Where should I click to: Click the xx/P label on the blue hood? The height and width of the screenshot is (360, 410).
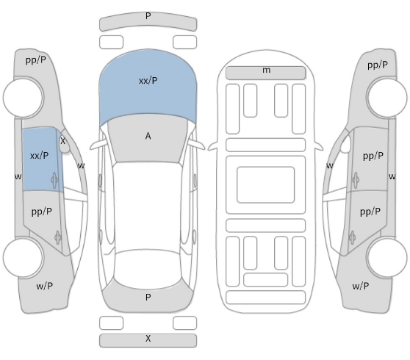[148, 81]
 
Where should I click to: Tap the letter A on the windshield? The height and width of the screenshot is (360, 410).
[148, 136]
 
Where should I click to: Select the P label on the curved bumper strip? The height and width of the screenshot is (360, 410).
[148, 16]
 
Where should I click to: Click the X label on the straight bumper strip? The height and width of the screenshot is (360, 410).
[148, 339]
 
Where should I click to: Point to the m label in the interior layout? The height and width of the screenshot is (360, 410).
[266, 70]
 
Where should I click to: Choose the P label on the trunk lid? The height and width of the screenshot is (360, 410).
[148, 298]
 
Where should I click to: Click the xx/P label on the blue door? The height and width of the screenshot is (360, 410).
[39, 156]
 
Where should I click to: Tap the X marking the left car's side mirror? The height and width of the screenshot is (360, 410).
[62, 141]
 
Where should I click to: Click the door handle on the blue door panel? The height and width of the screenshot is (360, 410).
[54, 180]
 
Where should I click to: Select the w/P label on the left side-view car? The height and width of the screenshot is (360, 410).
[44, 286]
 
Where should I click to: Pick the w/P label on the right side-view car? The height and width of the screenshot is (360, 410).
[361, 286]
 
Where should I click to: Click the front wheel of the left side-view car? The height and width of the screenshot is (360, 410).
[24, 97]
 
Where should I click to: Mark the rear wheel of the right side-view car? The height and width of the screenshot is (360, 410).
[386, 258]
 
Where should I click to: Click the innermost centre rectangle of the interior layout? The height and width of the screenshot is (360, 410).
[266, 184]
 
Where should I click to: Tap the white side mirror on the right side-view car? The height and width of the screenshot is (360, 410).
[345, 144]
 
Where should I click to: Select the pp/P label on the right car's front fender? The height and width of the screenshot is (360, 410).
[378, 65]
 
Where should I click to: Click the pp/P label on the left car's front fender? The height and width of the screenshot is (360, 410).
[36, 60]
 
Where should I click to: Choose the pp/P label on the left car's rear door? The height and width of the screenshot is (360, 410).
[41, 212]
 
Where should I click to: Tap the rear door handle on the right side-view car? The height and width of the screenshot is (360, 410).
[352, 237]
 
